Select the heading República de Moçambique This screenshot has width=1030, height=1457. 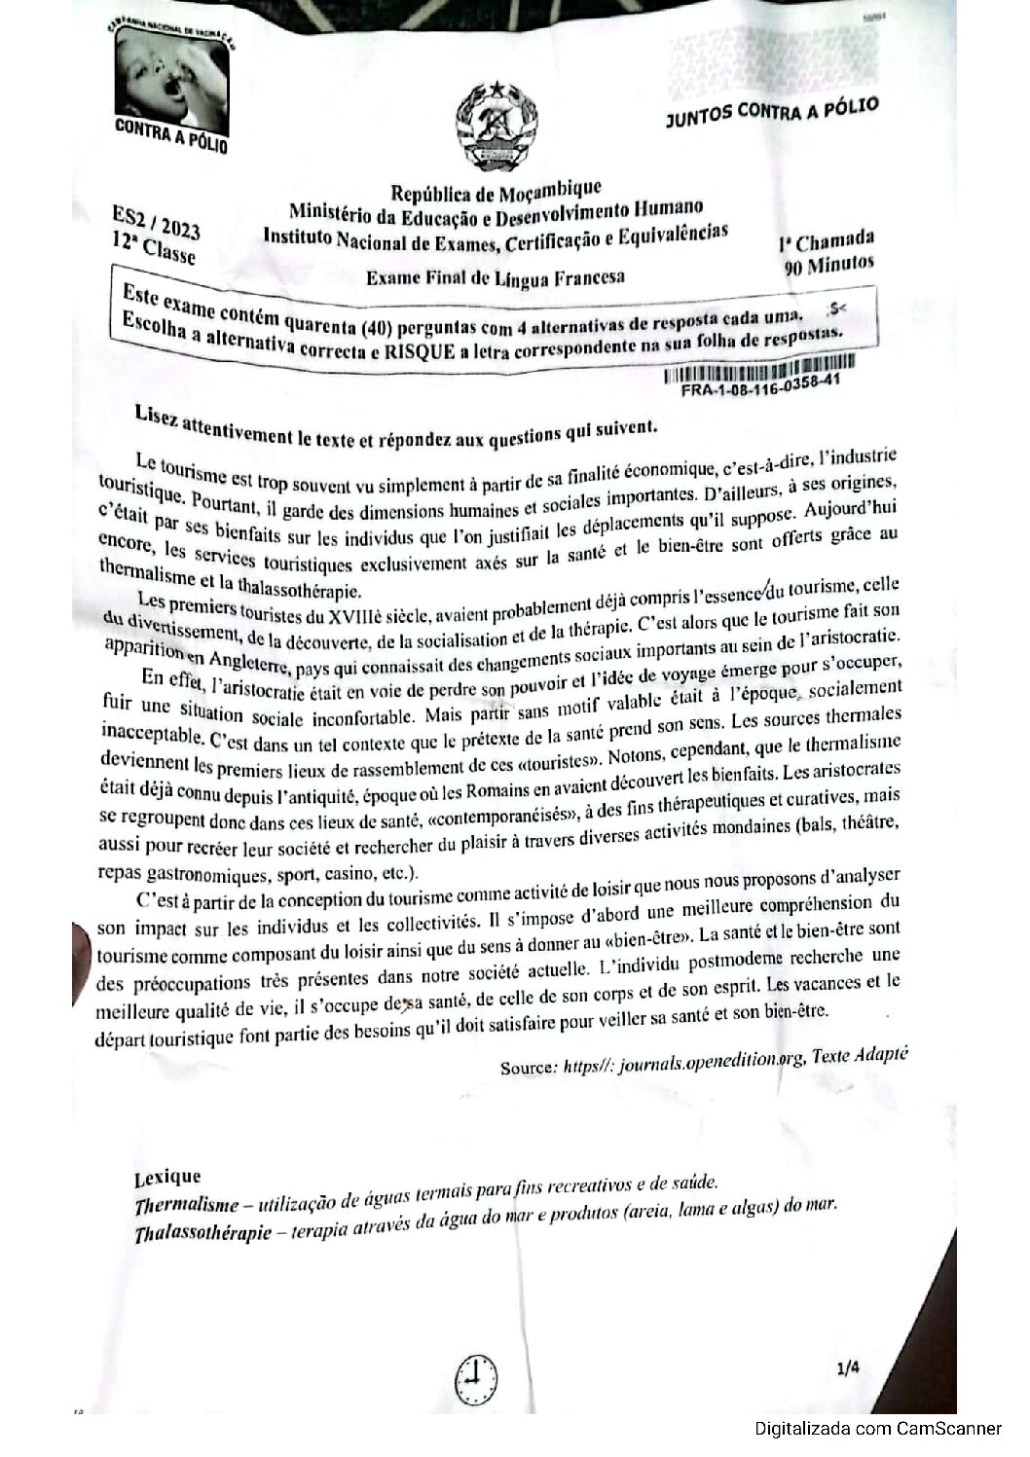pos(496,190)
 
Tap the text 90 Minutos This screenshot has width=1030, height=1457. pos(828,264)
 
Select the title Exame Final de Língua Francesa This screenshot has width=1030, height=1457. pos(496,277)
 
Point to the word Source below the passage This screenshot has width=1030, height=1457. pos(527,1067)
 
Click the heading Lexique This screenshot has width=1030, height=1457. pos(167,1178)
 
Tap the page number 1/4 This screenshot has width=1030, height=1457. pos(848,1368)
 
